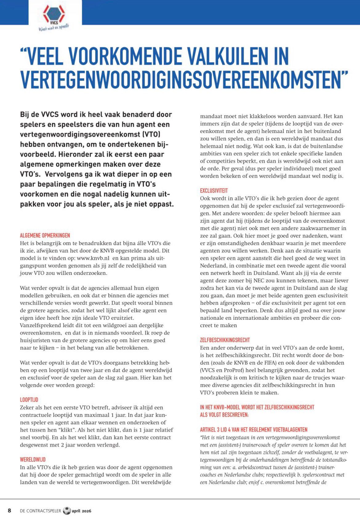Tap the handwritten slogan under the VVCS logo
[54, 28]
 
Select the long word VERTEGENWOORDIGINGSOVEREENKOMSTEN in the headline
[184, 79]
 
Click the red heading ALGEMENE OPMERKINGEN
[45, 236]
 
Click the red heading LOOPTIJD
[29, 400]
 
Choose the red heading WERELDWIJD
[33, 459]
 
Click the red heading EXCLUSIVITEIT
[214, 191]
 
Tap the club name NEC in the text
[259, 281]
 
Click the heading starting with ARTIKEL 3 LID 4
[254, 430]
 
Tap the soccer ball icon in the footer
[66, 511]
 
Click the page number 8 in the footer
[10, 510]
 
